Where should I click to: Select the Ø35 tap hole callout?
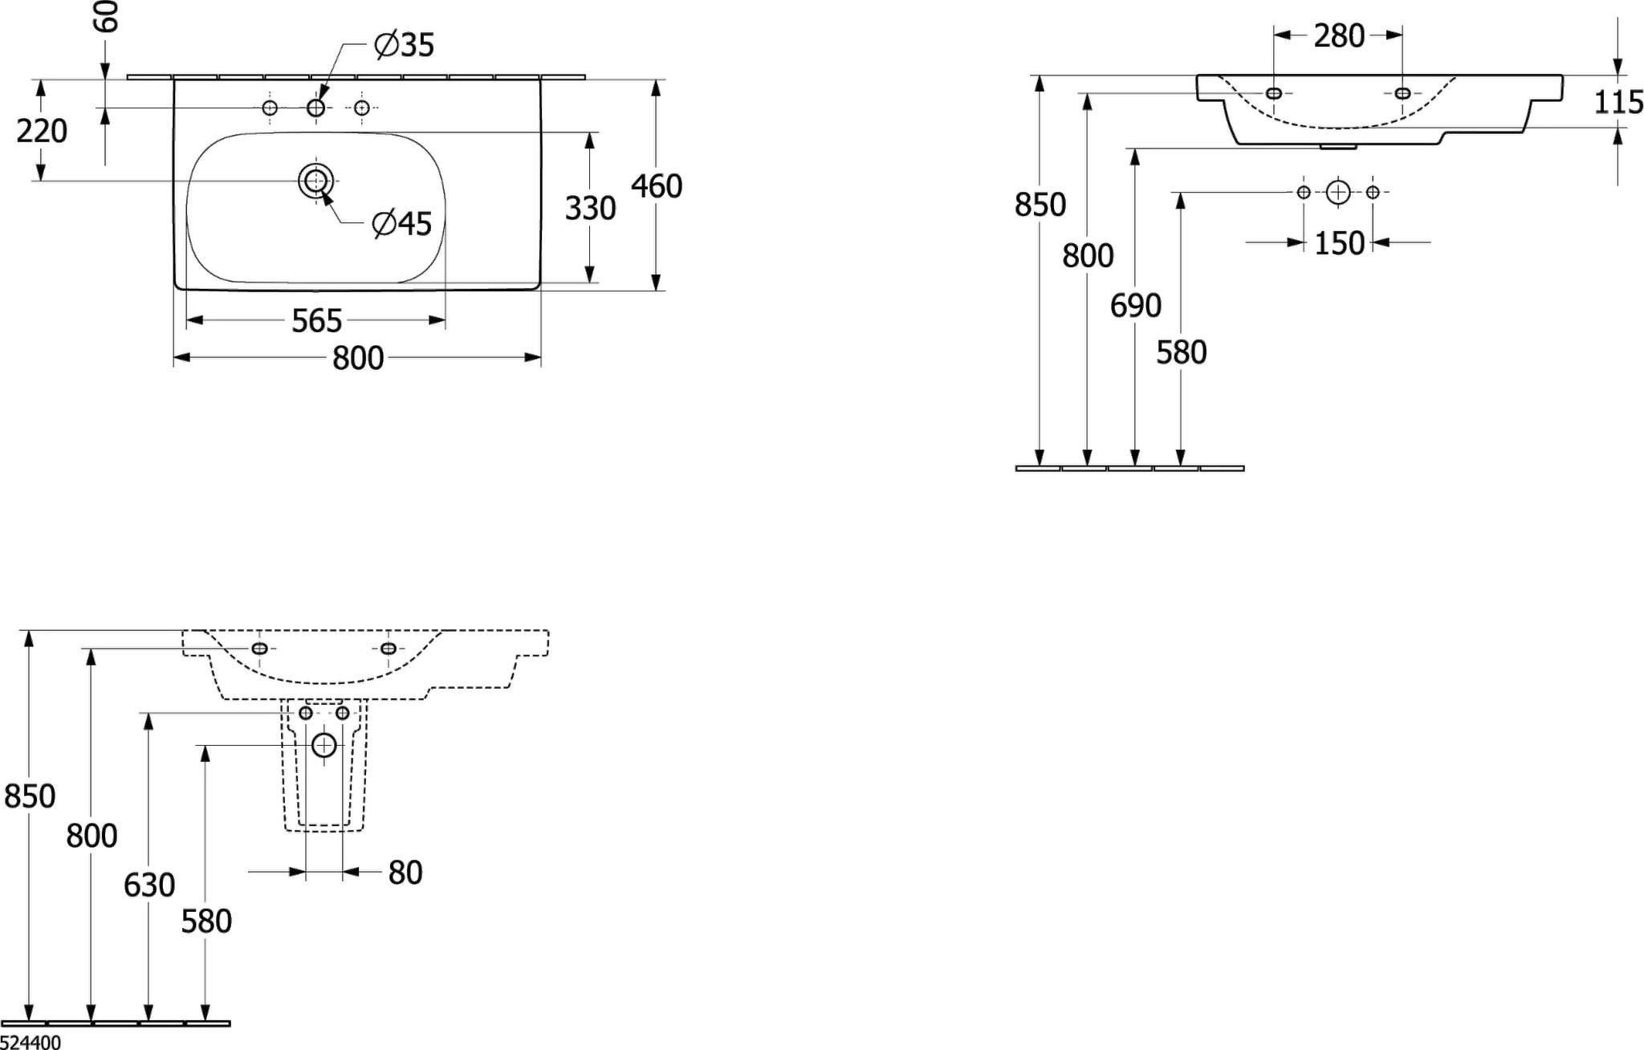click(x=404, y=46)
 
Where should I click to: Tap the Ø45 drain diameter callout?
click(x=402, y=225)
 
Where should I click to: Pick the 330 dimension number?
click(x=591, y=208)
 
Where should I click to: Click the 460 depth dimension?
click(x=657, y=186)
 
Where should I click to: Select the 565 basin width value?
click(x=316, y=321)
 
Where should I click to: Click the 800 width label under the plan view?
click(x=359, y=358)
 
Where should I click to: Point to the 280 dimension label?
click(x=1338, y=35)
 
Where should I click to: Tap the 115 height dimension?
click(x=1618, y=103)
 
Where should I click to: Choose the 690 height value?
click(x=1135, y=305)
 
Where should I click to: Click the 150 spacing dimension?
click(x=1339, y=243)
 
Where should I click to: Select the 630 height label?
click(x=149, y=884)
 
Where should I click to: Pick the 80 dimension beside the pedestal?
click(x=405, y=873)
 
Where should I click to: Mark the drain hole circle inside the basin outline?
click(x=312, y=181)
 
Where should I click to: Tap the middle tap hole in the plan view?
click(x=316, y=107)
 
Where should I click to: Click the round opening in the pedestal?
click(x=324, y=746)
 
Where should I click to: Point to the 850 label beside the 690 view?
click(x=1040, y=205)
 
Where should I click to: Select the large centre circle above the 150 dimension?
click(x=1338, y=191)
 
